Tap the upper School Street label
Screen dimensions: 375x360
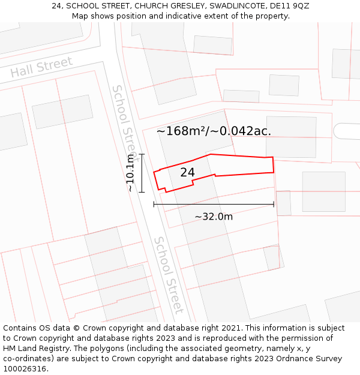[x=125, y=119]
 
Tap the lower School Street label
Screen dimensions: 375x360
[x=169, y=274]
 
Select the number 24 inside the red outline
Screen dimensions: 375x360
[x=187, y=172]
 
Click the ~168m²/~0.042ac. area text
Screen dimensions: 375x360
[x=214, y=131]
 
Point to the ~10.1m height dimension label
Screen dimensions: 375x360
[x=130, y=173]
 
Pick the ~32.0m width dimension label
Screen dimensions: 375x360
[x=214, y=217]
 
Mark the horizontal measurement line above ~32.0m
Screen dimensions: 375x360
[x=214, y=204]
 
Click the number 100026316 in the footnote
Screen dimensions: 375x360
[x=25, y=369]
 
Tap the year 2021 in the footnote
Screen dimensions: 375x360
[x=232, y=328]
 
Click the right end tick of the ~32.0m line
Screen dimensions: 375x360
[x=274, y=204]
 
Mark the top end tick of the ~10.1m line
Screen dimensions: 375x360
[x=142, y=154]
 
